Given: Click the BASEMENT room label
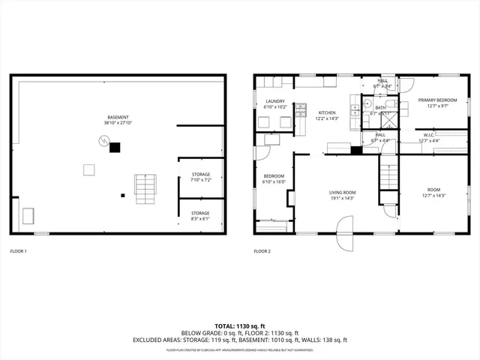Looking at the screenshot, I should pos(117,117).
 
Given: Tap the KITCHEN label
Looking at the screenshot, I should pos(327,112).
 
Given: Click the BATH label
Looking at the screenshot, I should pos(381,108).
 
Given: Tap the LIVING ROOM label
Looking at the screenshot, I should pos(342,193).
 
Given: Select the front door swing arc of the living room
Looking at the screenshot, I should pos(343,224).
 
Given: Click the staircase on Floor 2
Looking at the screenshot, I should pos(388,176).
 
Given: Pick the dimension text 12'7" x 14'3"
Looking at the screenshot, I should pos(433,196).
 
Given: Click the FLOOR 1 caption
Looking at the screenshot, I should pos(18,250).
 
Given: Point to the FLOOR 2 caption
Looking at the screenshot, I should pos(262,250).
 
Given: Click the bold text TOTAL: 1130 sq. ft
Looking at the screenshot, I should pos(239,326).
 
